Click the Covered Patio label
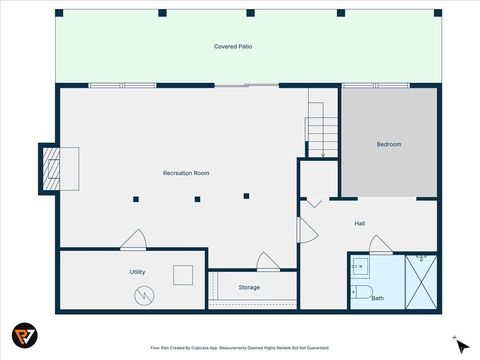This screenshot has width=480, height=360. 231,47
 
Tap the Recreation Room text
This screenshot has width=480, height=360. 186,173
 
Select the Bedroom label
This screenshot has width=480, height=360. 388,144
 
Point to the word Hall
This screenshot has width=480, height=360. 359,223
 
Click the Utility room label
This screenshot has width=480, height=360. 137,271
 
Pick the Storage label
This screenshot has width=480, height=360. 249,287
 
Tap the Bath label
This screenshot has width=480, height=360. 377,297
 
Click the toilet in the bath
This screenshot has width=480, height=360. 360,293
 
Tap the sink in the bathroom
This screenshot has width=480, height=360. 359,266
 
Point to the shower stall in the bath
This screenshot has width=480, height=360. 420,280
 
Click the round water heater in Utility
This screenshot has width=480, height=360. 145,295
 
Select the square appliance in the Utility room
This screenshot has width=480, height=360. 183,274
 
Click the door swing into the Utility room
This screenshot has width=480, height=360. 134,240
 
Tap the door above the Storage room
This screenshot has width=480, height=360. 267,262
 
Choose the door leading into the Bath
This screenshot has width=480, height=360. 380,244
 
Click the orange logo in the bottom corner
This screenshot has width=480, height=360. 26,335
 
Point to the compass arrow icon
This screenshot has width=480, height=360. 459,343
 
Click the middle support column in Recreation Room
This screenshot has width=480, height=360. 197,199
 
